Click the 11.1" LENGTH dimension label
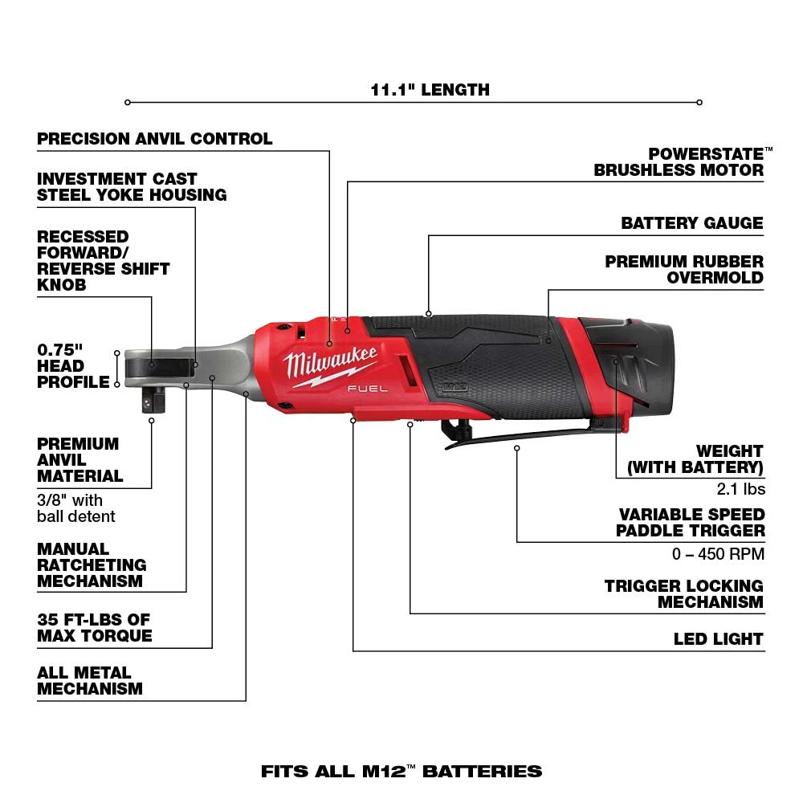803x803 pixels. (x=430, y=89)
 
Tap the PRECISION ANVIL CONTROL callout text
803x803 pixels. (x=155, y=139)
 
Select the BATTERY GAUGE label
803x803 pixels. (x=691, y=223)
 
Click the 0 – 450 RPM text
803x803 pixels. (x=718, y=553)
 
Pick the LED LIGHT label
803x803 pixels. (x=718, y=639)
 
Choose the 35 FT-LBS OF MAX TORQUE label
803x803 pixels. (x=94, y=628)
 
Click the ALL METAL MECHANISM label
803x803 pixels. (x=90, y=681)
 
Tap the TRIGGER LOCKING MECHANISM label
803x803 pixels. (x=683, y=594)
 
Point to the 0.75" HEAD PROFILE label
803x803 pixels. (x=72, y=366)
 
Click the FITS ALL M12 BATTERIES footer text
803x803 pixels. (x=401, y=772)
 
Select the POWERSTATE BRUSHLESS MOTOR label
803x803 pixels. (x=679, y=161)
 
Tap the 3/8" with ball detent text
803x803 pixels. (x=76, y=508)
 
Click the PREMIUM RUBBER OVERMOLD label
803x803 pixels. (x=684, y=270)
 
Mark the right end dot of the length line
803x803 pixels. (x=699, y=102)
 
